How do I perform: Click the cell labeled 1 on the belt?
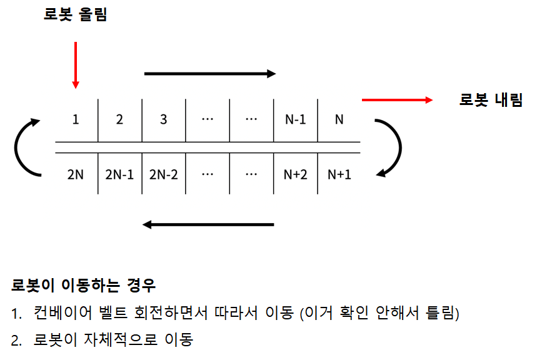(x=76, y=120)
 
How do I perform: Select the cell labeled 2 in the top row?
(x=119, y=120)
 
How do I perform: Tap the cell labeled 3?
(x=163, y=120)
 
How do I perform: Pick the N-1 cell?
(x=295, y=120)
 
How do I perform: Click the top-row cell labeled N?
(x=339, y=120)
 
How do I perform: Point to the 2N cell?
(x=76, y=174)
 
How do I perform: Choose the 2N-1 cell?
(x=119, y=174)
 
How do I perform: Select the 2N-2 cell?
(x=164, y=174)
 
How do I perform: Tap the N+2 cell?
(x=295, y=174)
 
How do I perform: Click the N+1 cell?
(x=339, y=174)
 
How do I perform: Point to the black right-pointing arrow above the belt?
(x=209, y=74)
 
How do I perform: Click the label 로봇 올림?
(x=76, y=15)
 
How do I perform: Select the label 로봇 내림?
(x=491, y=100)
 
